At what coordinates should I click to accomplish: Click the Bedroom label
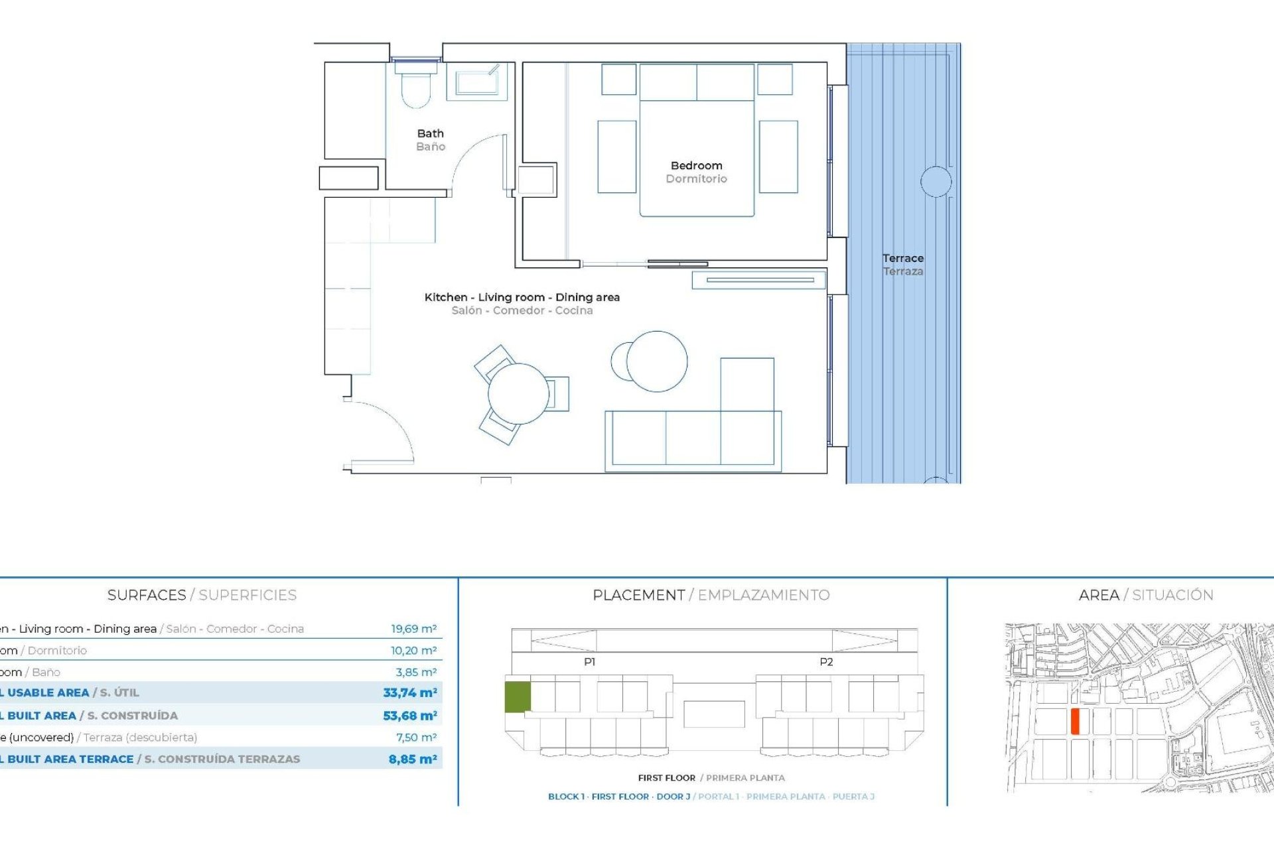point(696,166)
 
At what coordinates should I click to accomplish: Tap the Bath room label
point(430,134)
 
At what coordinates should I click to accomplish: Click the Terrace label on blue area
point(902,259)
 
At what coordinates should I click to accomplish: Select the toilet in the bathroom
point(416,89)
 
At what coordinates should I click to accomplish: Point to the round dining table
point(518,394)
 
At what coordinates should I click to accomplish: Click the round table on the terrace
point(936,181)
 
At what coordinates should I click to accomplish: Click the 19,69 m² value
point(413,629)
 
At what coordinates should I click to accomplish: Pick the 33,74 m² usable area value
point(409,692)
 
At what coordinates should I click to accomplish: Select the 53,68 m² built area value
point(409,716)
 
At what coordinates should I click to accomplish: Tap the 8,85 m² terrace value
point(413,759)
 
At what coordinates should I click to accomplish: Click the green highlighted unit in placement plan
point(518,697)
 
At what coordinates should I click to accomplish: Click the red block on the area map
point(1075,721)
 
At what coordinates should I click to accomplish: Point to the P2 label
point(826,662)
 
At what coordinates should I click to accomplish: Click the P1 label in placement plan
point(589,662)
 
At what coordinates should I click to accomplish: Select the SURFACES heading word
point(147,595)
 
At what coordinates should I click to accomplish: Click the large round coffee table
point(657,361)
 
